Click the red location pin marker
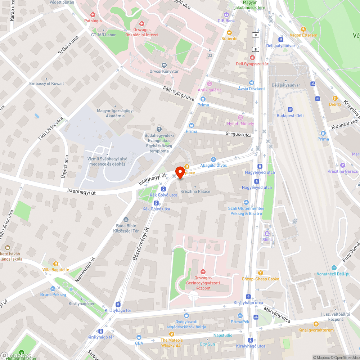point(180,172)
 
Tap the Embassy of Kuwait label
point(47,84)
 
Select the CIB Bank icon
point(226,15)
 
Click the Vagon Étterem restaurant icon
point(303,29)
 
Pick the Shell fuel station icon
point(267,233)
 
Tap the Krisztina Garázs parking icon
point(342,165)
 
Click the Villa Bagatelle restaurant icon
point(55,264)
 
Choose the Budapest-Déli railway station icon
point(290,109)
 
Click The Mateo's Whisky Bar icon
point(171,334)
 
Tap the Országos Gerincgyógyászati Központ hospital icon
point(203,271)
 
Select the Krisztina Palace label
point(195,191)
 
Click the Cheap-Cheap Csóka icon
point(261,273)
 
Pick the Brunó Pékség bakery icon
point(53,288)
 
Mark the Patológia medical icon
point(93,15)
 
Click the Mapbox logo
point(15,355)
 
